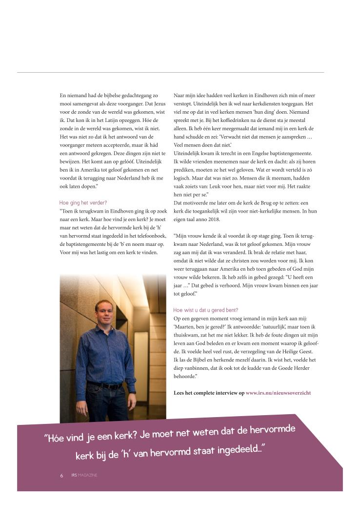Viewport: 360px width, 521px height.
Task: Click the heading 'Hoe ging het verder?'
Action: tap(83, 202)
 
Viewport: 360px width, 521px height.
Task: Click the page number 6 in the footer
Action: tap(61, 476)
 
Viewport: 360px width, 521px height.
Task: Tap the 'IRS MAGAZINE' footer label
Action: tap(84, 476)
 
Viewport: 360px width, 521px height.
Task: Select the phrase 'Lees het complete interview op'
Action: tap(209, 393)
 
